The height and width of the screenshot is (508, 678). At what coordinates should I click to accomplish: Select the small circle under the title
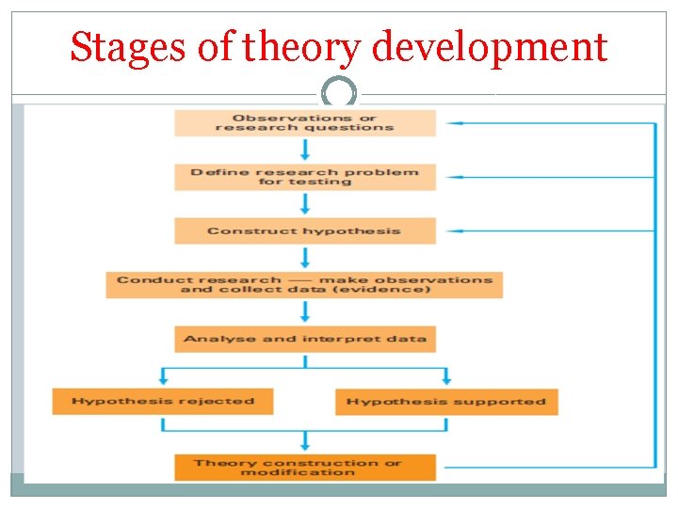click(339, 93)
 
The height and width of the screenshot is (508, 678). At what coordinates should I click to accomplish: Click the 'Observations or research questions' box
click(304, 123)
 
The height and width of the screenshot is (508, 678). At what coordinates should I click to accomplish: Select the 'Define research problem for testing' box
click(304, 177)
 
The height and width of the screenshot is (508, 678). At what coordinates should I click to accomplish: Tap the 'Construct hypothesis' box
click(304, 230)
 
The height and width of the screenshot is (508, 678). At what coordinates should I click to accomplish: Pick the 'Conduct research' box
click(304, 285)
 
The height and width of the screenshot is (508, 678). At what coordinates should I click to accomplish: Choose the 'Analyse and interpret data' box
click(304, 339)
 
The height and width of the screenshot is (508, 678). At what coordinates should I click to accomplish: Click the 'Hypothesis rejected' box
click(163, 401)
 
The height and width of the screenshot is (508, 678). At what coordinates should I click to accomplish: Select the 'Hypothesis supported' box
click(446, 402)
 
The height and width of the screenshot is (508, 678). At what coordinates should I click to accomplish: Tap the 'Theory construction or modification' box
click(304, 468)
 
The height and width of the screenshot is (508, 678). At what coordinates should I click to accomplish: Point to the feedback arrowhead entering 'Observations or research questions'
click(453, 123)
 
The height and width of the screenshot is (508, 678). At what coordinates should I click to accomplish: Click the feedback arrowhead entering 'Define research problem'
click(453, 177)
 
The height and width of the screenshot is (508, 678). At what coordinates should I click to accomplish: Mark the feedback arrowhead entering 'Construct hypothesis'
click(453, 230)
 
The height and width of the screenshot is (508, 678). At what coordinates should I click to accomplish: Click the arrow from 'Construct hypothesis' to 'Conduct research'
click(304, 259)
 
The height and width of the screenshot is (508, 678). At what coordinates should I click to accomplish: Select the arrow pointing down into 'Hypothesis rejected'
click(163, 377)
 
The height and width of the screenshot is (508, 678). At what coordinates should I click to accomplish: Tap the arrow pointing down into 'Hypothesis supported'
click(446, 377)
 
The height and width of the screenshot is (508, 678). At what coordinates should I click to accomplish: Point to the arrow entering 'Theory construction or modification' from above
click(304, 442)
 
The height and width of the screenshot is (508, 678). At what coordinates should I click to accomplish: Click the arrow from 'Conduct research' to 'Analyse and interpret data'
click(304, 313)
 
